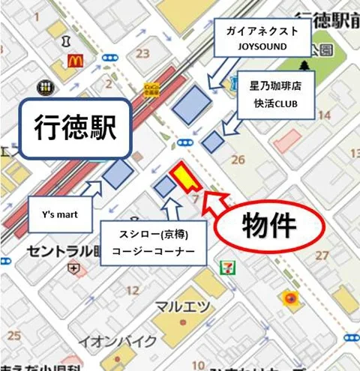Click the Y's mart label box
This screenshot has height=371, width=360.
[x=60, y=215]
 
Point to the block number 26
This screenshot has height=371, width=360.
[x=238, y=159]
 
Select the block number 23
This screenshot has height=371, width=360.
[x=142, y=53]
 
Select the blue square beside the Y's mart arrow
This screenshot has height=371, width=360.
[x=118, y=174]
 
